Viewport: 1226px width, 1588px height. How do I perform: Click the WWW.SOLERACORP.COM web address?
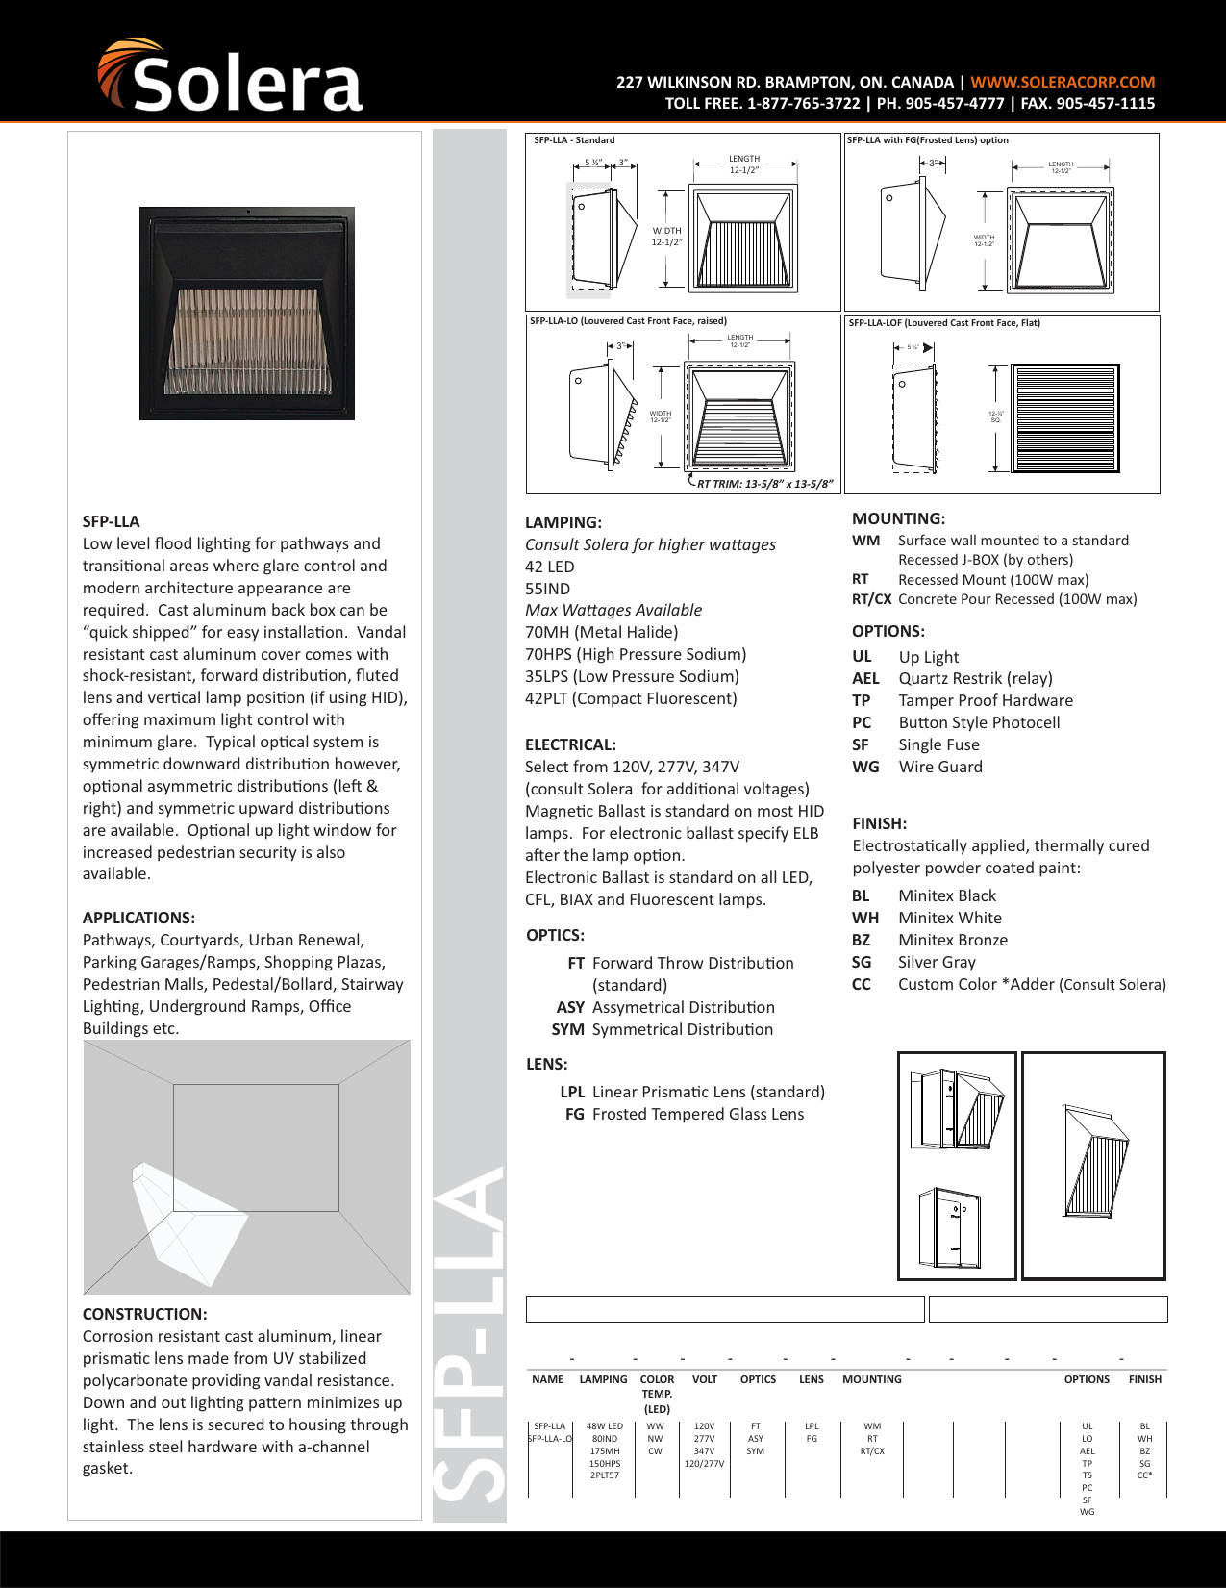[x=1063, y=83]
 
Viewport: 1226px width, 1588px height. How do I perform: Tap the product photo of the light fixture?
[x=247, y=314]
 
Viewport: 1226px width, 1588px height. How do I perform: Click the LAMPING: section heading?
[x=563, y=523]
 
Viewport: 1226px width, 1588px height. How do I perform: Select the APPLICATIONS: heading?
[x=138, y=918]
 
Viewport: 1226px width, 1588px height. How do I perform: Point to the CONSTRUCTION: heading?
[x=144, y=1314]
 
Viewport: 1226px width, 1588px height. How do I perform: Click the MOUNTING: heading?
[x=898, y=519]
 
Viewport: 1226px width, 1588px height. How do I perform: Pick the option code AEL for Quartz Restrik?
[x=865, y=679]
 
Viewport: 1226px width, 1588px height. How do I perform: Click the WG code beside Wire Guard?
[x=865, y=768]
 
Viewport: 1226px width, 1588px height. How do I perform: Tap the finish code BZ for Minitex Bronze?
[x=861, y=941]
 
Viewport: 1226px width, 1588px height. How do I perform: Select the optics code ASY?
[x=570, y=1008]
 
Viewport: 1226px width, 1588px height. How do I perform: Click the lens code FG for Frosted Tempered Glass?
[x=574, y=1115]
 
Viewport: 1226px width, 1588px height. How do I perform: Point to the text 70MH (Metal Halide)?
[x=601, y=633]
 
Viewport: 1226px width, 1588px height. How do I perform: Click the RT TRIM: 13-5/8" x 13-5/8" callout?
[x=764, y=485]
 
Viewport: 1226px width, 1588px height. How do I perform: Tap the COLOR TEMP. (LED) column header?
[x=657, y=1394]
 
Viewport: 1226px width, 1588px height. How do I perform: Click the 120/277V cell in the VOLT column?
[x=704, y=1464]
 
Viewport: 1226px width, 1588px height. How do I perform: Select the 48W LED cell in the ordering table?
[x=604, y=1426]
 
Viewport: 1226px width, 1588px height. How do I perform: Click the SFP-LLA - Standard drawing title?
[x=574, y=140]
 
